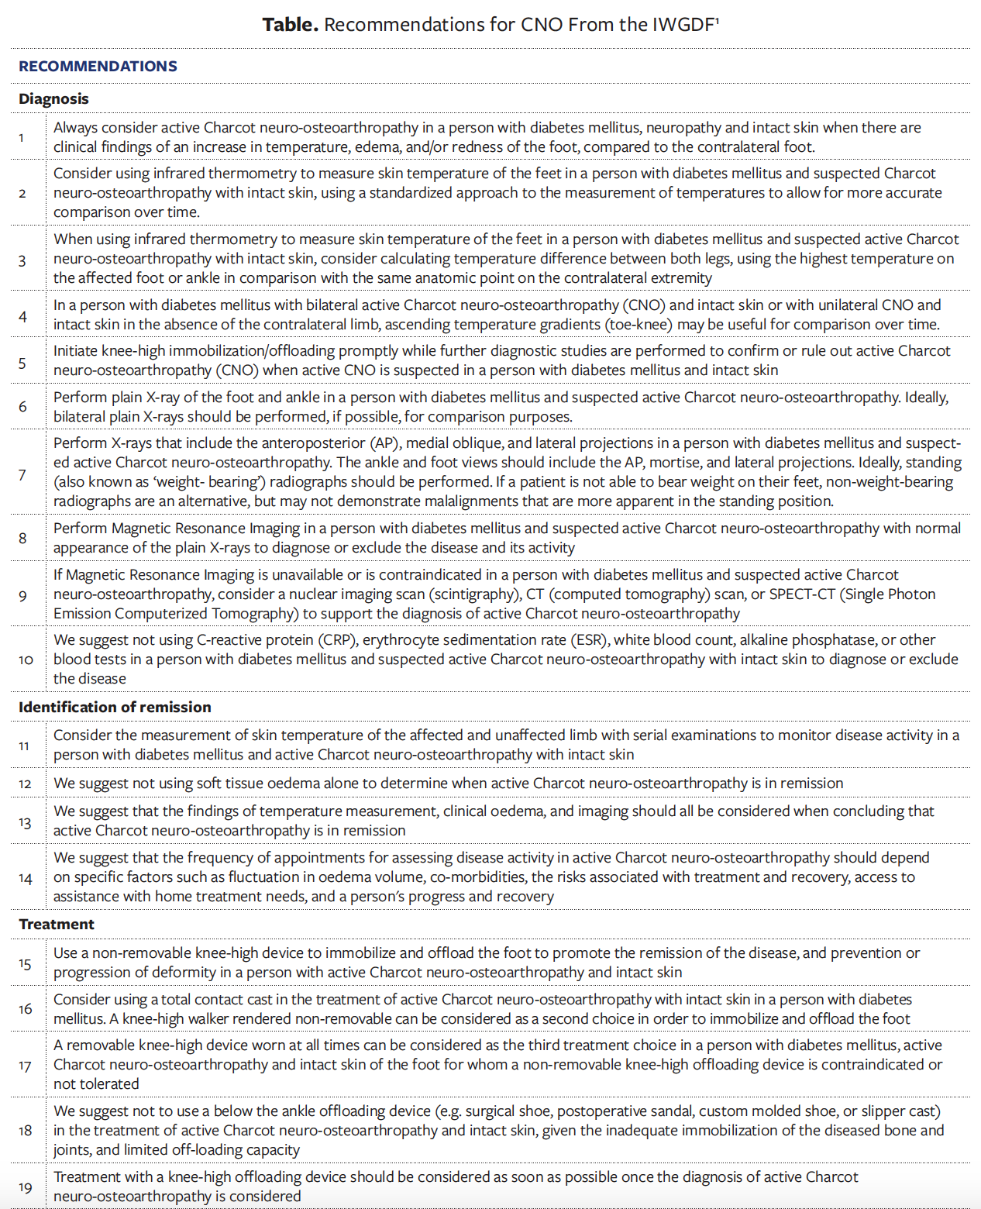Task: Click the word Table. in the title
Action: [x=290, y=25]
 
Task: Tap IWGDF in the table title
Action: [x=683, y=25]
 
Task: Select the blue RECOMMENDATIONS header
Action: [x=98, y=67]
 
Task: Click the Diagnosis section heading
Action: [x=53, y=99]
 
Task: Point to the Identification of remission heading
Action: [x=115, y=708]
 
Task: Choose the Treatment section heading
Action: [x=57, y=925]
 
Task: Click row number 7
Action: [x=22, y=474]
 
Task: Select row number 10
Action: [x=26, y=660]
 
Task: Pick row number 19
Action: [x=26, y=1188]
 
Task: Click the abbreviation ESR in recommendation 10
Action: [x=588, y=640]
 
